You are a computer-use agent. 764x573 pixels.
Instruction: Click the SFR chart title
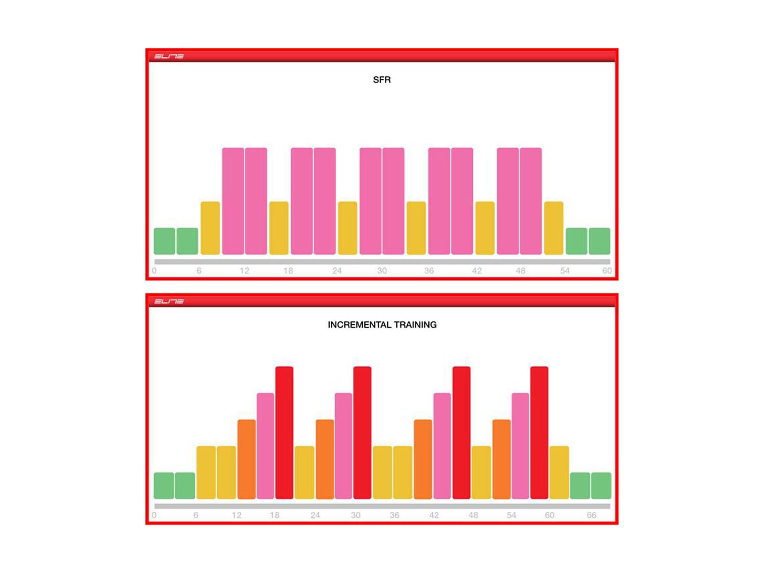pos(382,80)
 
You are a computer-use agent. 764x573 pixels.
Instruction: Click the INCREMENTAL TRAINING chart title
pos(382,325)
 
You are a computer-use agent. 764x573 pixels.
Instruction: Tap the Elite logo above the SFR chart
pos(169,56)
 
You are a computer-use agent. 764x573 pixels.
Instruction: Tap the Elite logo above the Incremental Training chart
pos(169,301)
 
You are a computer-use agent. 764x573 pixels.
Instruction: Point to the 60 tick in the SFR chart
pos(607,271)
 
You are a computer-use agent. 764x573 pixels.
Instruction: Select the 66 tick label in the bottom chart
pos(591,515)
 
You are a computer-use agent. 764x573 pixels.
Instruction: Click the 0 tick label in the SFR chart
pos(154,271)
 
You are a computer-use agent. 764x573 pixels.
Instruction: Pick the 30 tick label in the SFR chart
pos(382,271)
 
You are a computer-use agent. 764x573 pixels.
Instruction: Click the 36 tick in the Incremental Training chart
pos(394,515)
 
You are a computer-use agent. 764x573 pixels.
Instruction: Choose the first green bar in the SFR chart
pos(164,241)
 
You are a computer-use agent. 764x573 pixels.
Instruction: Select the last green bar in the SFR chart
pos(599,241)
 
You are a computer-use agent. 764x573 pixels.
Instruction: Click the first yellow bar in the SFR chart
pos(210,228)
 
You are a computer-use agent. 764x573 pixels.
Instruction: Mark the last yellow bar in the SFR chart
pos(553,228)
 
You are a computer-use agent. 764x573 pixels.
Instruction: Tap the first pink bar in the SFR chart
pos(233,201)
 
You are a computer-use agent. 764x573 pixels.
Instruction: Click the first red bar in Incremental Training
pos(284,433)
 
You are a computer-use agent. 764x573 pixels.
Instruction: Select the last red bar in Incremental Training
pos(539,433)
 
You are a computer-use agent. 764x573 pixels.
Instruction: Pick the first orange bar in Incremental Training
pos(246,459)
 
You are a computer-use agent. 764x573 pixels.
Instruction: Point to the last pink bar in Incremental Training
pos(520,446)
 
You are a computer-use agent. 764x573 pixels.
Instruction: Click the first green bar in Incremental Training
pos(164,486)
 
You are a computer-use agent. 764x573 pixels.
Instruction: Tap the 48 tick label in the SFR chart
pos(520,271)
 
